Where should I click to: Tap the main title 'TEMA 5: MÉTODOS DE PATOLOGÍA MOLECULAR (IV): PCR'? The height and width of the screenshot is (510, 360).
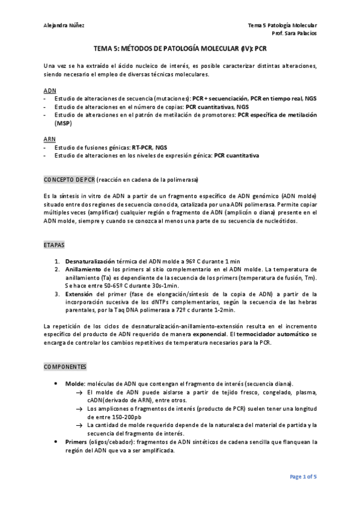click(x=180, y=51)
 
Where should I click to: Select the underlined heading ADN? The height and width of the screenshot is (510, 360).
click(x=49, y=89)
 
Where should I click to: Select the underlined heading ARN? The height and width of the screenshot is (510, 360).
click(x=49, y=138)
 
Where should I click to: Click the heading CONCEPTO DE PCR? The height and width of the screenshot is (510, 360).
click(x=70, y=180)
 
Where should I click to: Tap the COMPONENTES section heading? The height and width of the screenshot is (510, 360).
click(x=66, y=366)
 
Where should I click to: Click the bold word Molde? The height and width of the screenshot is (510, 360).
click(x=75, y=383)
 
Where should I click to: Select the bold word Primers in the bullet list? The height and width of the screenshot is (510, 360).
click(x=76, y=441)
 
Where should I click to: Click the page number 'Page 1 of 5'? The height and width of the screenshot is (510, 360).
click(x=304, y=477)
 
